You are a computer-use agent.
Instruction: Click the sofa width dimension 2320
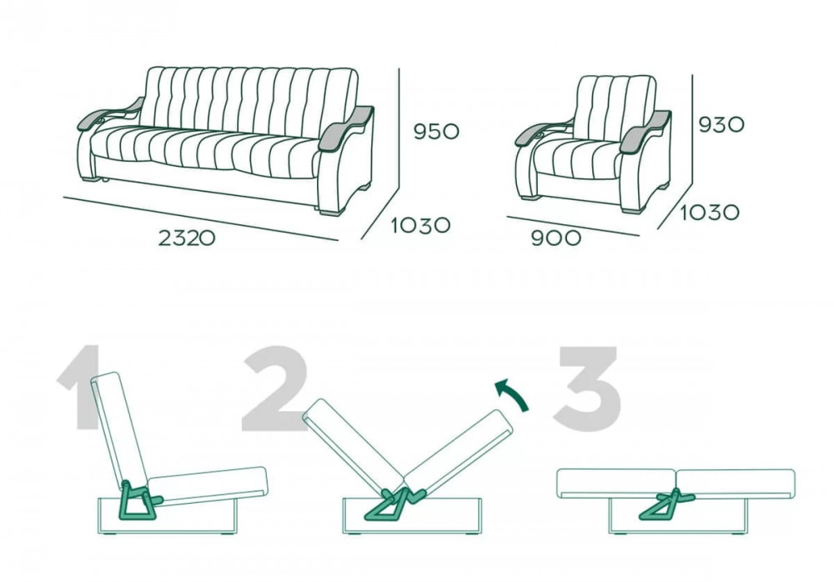click(187, 238)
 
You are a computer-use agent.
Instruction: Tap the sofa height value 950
click(436, 131)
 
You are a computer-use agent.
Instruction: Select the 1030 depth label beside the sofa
click(420, 225)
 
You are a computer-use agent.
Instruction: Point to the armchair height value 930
click(721, 124)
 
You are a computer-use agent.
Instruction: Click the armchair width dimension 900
click(556, 238)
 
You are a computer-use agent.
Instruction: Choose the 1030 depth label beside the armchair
click(710, 213)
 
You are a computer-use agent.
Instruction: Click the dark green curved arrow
click(515, 393)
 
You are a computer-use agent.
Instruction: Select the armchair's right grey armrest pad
click(646, 130)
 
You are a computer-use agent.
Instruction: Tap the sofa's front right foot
click(330, 213)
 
